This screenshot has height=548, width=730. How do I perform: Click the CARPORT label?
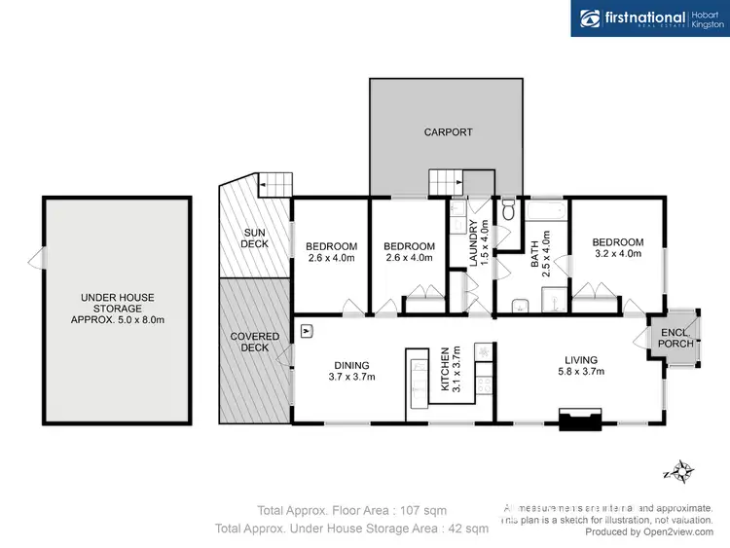point(448,131)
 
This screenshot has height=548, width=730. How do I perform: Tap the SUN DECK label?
point(255,237)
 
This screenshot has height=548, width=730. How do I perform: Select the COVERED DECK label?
point(254,342)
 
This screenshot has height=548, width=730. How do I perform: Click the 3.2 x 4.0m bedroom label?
point(618,248)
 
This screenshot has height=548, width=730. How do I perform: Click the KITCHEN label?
point(451,368)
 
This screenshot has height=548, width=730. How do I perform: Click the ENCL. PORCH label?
point(675,337)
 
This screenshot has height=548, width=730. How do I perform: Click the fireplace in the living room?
point(580,421)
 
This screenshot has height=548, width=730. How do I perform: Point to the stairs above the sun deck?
point(274,184)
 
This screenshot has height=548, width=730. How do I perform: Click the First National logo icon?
point(590,18)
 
